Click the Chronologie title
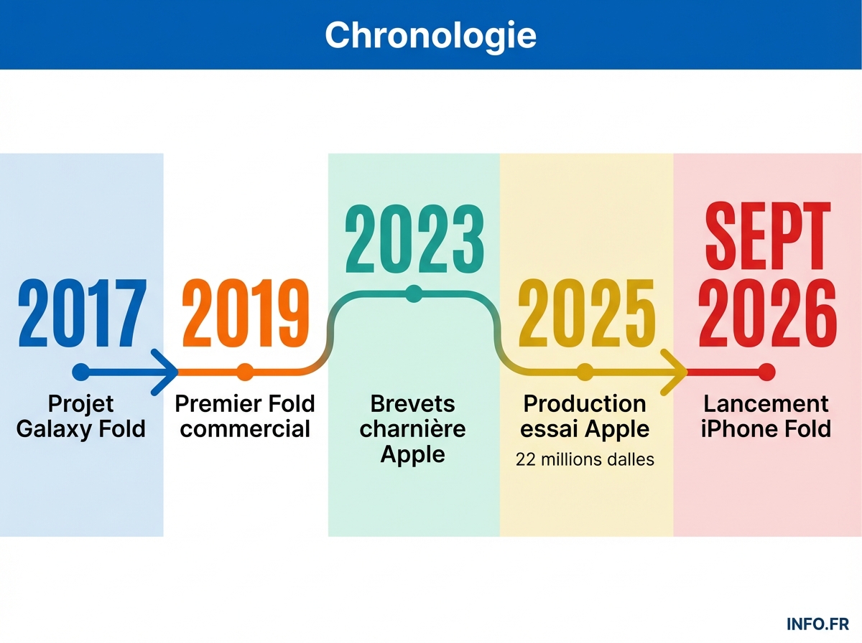430,34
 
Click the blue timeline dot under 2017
81,372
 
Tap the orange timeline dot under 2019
245,372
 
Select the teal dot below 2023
413,293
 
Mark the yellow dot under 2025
585,372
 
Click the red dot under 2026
766,372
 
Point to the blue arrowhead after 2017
167,372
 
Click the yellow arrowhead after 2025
675,372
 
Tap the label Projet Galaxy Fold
81,416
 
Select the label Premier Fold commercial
245,416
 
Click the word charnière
413,429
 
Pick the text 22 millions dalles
585,459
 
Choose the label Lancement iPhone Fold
766,416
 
